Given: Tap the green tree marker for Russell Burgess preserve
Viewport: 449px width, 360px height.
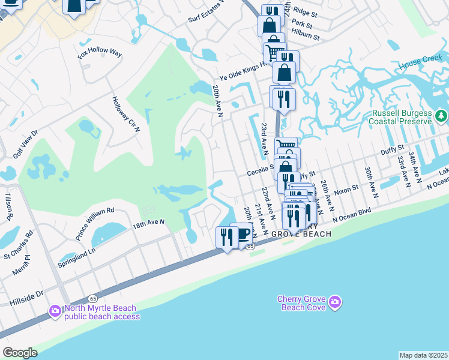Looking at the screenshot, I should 441,115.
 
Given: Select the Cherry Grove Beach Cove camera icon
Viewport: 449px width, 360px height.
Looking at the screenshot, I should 335,301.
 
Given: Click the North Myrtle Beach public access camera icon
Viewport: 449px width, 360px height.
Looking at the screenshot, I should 55,310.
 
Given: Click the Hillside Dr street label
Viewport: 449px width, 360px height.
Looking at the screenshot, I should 27,295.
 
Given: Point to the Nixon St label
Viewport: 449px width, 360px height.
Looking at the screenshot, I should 346,188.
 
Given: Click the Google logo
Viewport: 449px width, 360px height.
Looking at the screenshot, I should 20,353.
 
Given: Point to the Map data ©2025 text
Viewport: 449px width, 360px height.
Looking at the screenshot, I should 423,355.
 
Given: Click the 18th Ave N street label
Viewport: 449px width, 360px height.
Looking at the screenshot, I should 148,222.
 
